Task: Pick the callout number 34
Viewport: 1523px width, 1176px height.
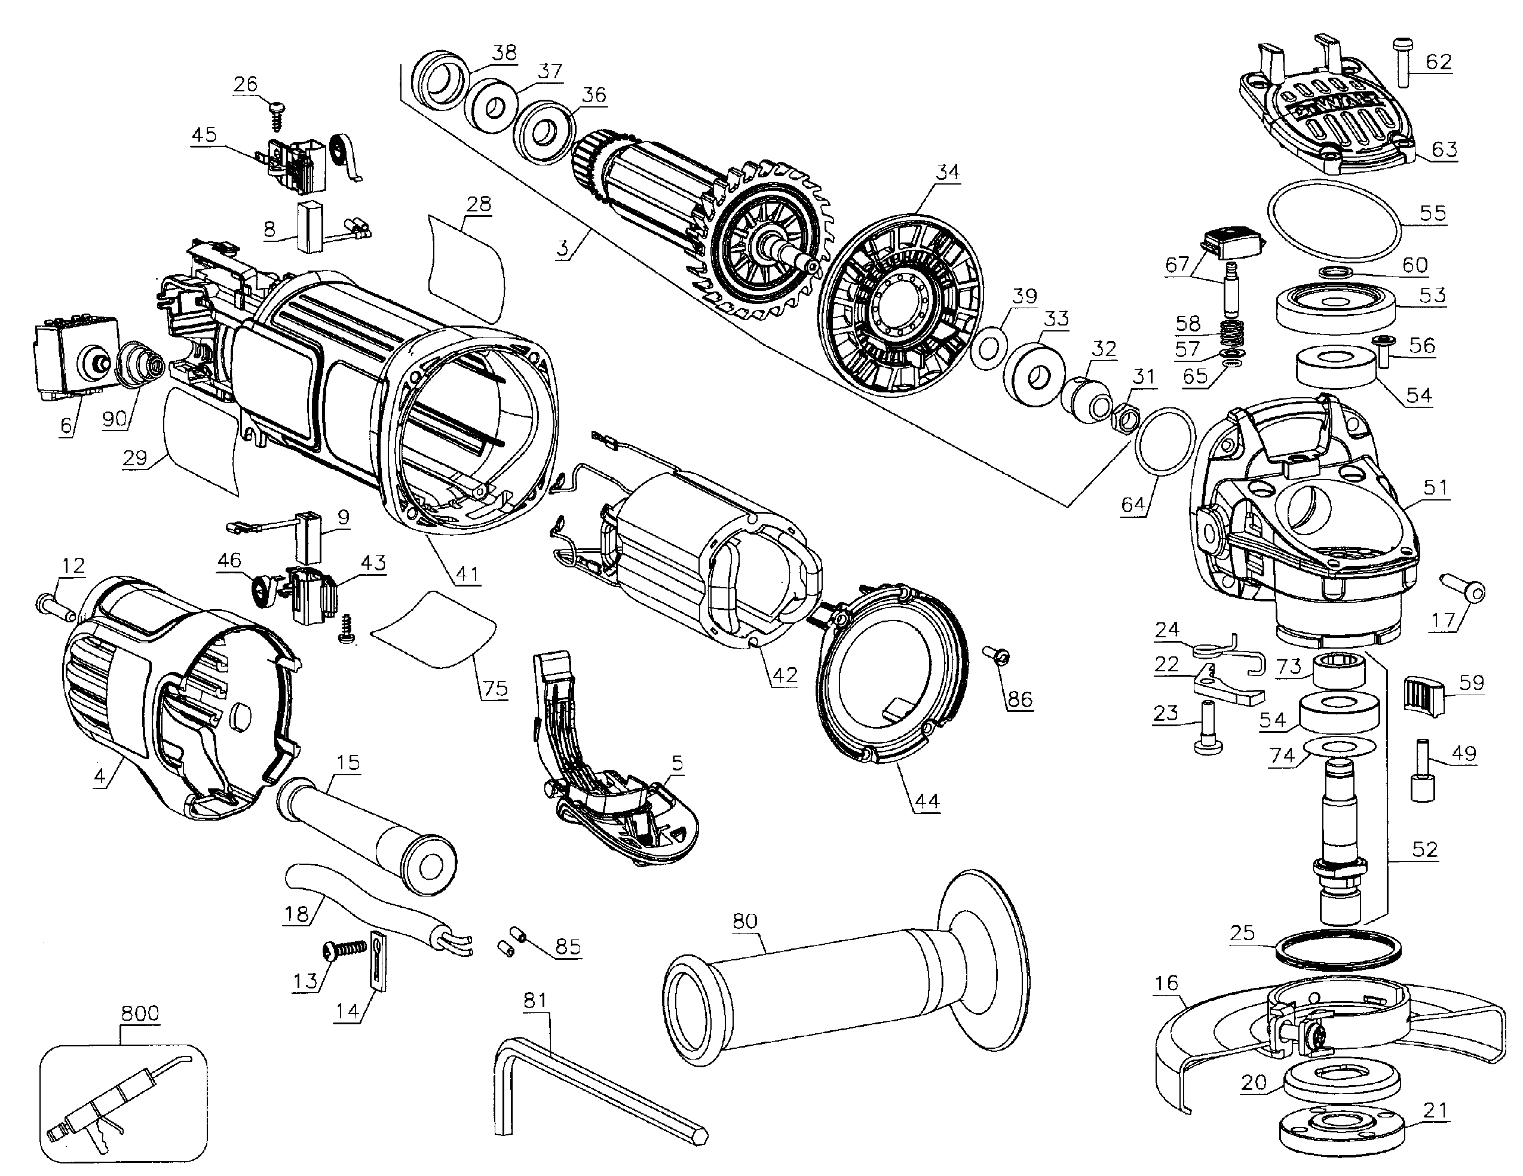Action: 948,172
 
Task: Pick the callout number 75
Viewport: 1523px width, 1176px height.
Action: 495,689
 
